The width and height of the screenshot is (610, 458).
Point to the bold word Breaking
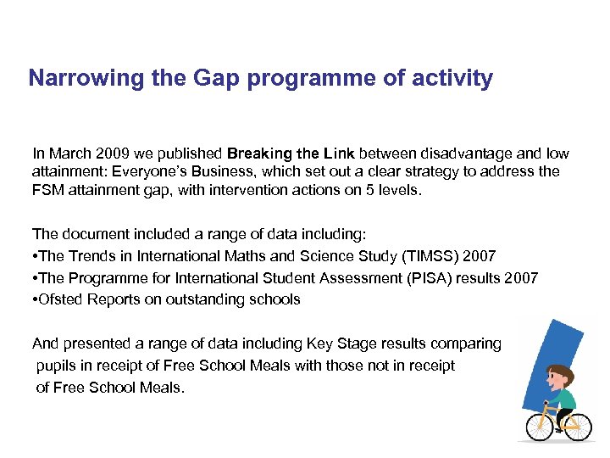(x=258, y=154)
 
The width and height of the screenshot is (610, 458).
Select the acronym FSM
(x=47, y=189)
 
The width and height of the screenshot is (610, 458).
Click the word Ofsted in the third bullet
(x=59, y=299)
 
